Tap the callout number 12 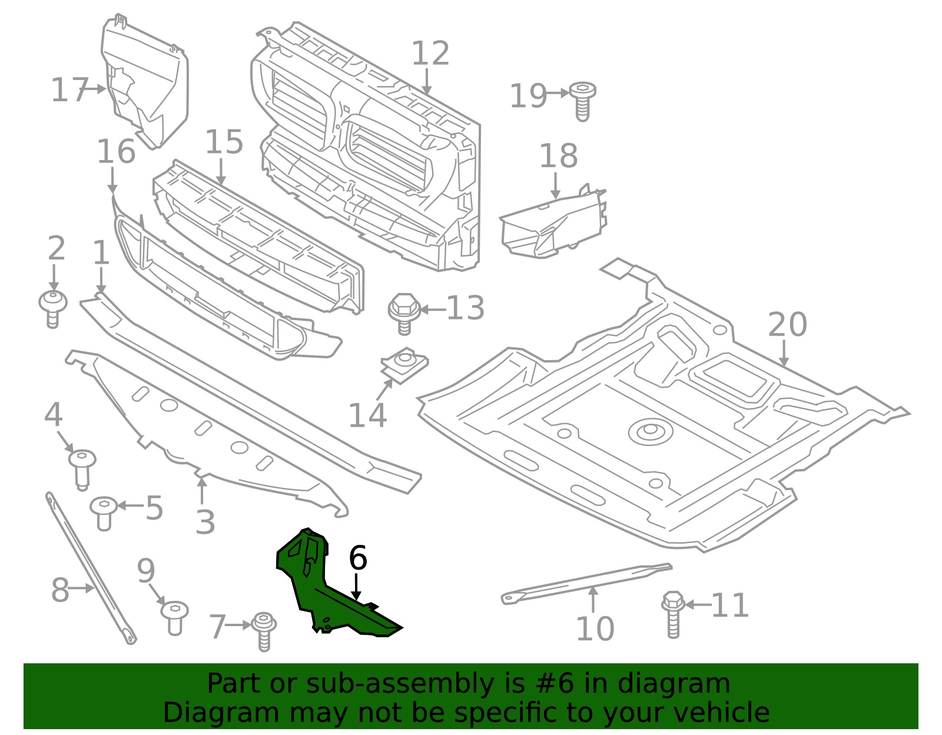tap(430, 54)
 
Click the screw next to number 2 tap(53, 308)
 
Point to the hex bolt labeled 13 tap(403, 312)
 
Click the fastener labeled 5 tap(104, 512)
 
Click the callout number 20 tap(787, 325)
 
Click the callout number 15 tap(224, 142)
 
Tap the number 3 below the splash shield tap(205, 521)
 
